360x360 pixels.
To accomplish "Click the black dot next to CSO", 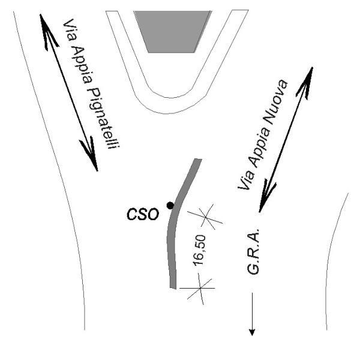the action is tap(170, 205).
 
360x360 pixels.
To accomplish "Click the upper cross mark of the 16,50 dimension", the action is tap(206, 217).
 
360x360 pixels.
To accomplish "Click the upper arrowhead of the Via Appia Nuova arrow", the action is tap(308, 75).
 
